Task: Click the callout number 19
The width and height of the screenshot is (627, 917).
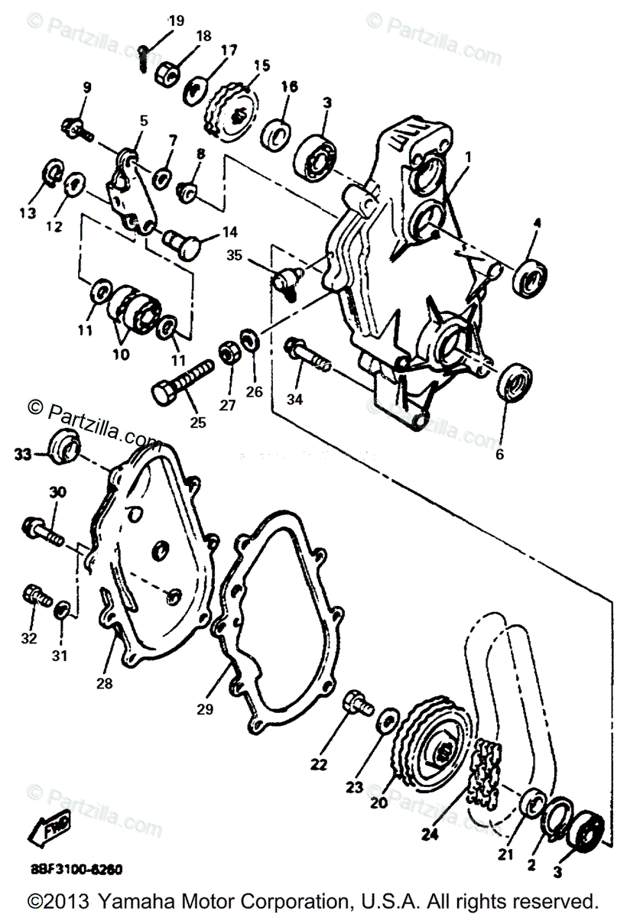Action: pos(177,21)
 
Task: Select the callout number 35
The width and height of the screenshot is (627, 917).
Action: pos(234,255)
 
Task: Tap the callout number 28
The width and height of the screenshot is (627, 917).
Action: pos(104,683)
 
